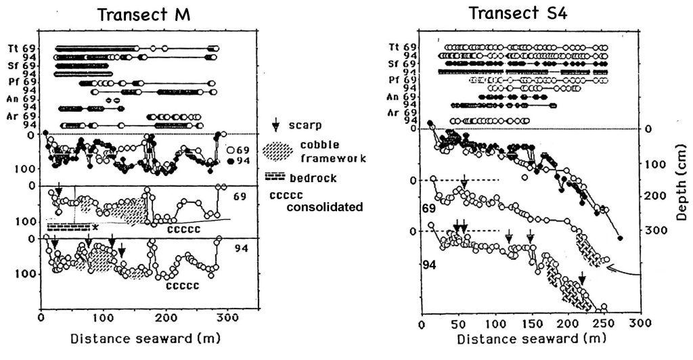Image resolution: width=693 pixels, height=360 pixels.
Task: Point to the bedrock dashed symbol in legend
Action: coord(275,177)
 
